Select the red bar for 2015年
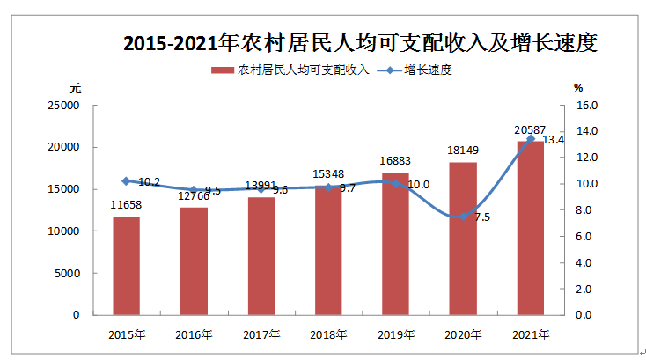126,265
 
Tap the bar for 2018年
328,250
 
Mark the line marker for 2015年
126,180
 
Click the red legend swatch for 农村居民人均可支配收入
223,70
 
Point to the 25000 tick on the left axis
62,106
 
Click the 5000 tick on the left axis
66,273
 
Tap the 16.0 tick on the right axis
586,106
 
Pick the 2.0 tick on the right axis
584,289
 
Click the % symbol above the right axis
578,88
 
